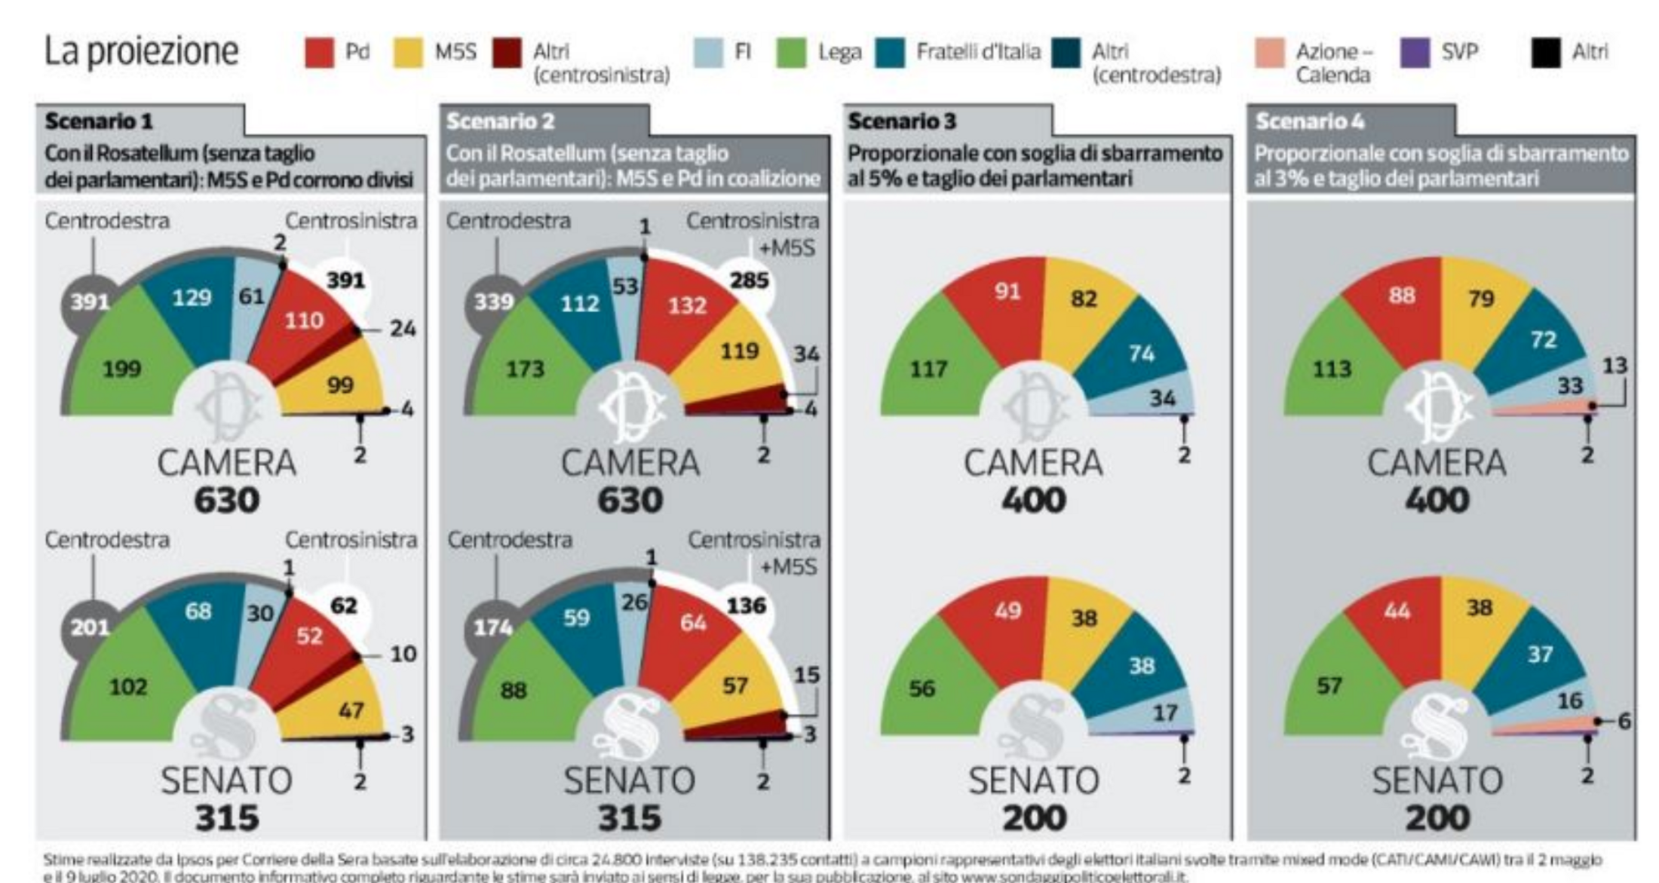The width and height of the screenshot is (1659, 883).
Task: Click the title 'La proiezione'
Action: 141,51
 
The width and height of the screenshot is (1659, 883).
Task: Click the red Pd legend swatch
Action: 319,53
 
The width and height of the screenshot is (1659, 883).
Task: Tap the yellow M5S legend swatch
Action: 408,53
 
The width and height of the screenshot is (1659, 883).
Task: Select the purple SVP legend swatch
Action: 1415,53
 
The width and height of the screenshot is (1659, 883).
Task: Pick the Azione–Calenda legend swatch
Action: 1269,53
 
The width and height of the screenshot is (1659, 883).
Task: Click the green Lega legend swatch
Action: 791,53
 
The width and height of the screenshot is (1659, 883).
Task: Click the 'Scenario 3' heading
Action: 902,121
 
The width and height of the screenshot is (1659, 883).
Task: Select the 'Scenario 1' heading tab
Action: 99,121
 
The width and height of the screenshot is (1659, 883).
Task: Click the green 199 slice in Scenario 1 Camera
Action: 122,368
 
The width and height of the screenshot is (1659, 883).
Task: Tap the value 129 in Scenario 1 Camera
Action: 192,297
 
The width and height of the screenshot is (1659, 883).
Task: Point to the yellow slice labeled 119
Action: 739,351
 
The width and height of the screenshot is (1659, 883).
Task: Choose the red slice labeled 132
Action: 687,305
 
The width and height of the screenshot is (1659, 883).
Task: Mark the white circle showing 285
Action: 749,281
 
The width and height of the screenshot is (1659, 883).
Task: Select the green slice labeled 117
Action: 928,369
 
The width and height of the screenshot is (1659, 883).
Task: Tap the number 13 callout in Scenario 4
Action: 1615,366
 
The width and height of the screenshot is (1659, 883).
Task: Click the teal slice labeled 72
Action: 1543,339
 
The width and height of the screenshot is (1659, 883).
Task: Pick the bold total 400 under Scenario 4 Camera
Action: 1437,500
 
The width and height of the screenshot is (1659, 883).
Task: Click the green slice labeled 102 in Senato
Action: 128,687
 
